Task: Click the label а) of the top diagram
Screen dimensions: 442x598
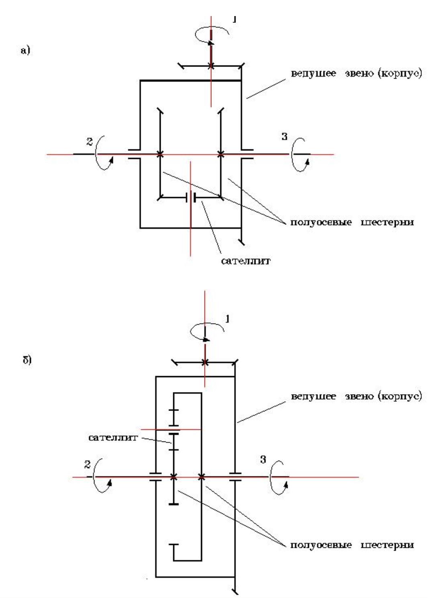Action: click(25, 51)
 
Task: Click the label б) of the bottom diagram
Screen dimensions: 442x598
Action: click(27, 360)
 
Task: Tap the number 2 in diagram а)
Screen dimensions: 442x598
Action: click(89, 142)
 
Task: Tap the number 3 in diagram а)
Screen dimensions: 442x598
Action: click(284, 136)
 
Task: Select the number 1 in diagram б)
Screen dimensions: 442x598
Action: click(227, 319)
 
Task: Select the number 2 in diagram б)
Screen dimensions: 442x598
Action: click(87, 464)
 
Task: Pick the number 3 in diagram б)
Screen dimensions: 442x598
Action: click(263, 460)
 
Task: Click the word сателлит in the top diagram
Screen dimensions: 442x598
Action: click(246, 261)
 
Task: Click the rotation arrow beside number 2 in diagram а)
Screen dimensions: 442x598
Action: click(104, 153)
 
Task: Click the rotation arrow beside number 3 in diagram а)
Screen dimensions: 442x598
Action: click(300, 155)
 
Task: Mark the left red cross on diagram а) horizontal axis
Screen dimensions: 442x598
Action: click(160, 155)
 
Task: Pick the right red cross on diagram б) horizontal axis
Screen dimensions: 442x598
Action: click(201, 477)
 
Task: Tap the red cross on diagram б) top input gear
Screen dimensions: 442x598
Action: click(205, 362)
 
